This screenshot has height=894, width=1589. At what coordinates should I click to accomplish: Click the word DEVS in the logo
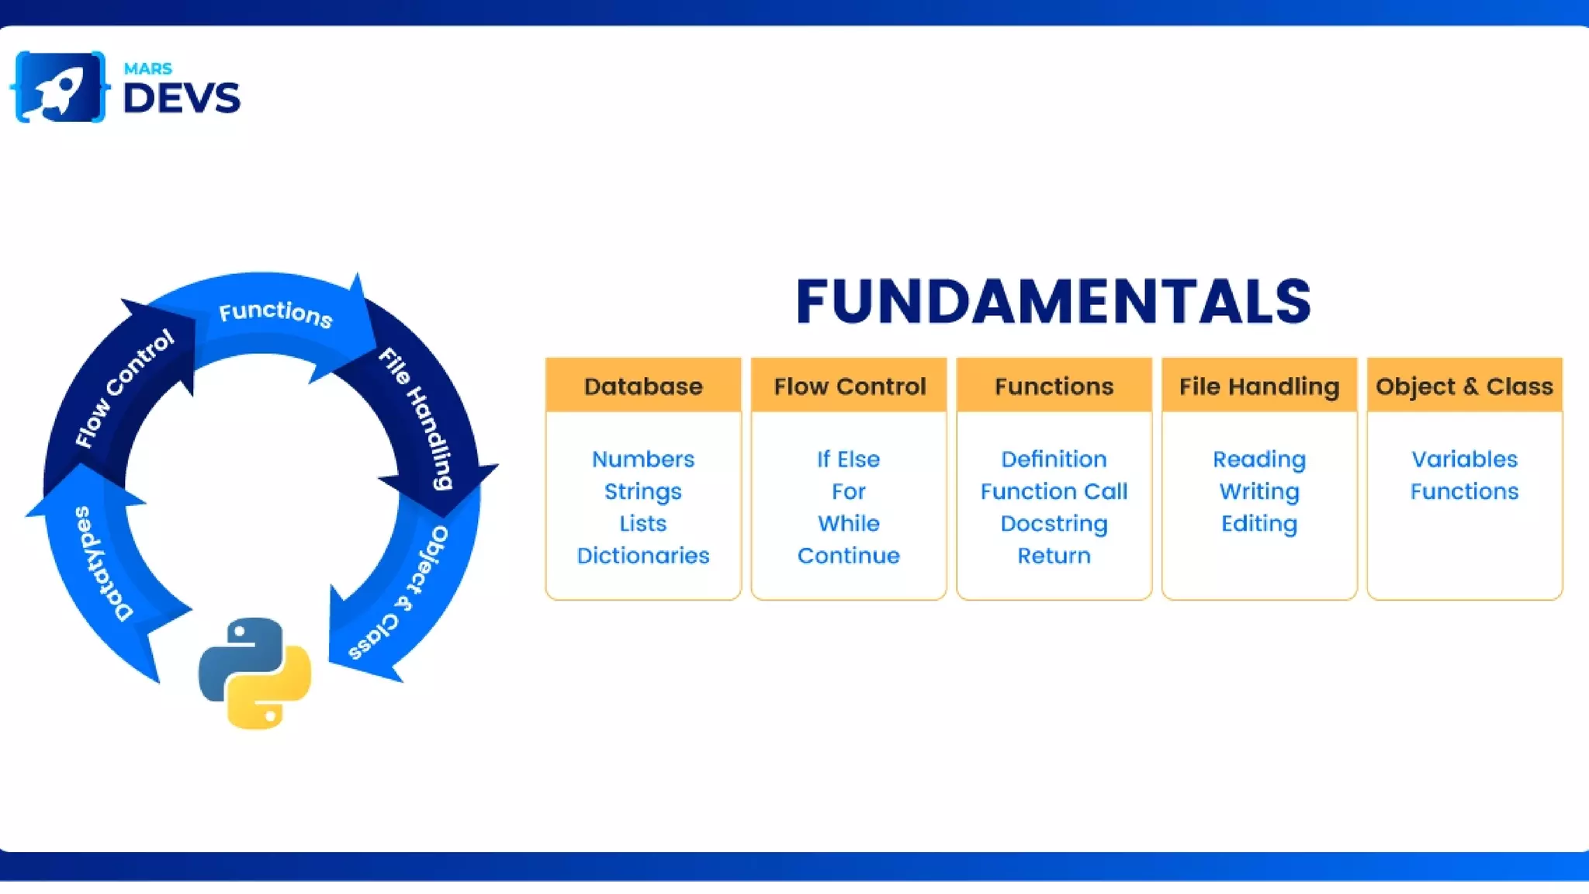pyautogui.click(x=182, y=99)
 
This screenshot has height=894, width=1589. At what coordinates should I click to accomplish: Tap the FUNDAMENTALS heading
pyautogui.click(x=1053, y=302)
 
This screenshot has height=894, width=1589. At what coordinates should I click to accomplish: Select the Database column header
pyautogui.click(x=642, y=386)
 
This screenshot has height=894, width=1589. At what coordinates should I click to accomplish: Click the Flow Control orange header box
pyautogui.click(x=849, y=386)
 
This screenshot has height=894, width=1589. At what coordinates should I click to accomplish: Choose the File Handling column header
pyautogui.click(x=1258, y=386)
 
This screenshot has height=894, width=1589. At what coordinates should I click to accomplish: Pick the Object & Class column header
pyautogui.click(x=1464, y=386)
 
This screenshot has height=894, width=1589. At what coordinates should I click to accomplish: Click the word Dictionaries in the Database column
pyautogui.click(x=642, y=556)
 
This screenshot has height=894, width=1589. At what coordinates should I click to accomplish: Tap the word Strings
pyautogui.click(x=642, y=491)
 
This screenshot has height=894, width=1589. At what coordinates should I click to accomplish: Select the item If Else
pyautogui.click(x=848, y=459)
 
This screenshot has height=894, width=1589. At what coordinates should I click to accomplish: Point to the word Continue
pyautogui.click(x=848, y=556)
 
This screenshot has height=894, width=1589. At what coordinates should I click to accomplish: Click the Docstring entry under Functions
pyautogui.click(x=1054, y=524)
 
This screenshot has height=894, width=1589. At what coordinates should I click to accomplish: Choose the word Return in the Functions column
pyautogui.click(x=1054, y=556)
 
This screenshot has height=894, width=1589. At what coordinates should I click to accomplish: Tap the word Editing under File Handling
pyautogui.click(x=1258, y=524)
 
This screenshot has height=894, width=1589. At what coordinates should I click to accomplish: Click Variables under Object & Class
pyautogui.click(x=1464, y=459)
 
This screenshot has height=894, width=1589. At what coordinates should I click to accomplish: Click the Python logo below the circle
pyautogui.click(x=254, y=673)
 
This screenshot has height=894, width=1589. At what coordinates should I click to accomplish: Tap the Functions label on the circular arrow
pyautogui.click(x=275, y=314)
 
